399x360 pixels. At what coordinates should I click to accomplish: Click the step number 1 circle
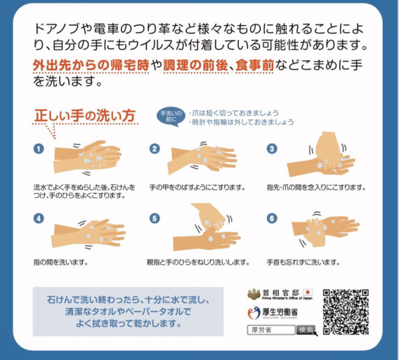pyautogui.click(x=39, y=149)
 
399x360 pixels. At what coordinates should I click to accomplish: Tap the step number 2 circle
pyautogui.click(x=155, y=149)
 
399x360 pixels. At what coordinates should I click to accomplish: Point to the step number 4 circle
pyautogui.click(x=39, y=218)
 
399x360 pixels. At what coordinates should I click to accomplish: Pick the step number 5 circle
pyautogui.click(x=155, y=218)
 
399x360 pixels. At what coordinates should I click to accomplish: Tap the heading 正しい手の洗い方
pyautogui.click(x=85, y=115)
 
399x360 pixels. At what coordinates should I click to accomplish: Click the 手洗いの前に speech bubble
pyautogui.click(x=171, y=114)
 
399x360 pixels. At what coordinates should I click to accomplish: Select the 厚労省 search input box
pyautogui.click(x=270, y=330)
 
